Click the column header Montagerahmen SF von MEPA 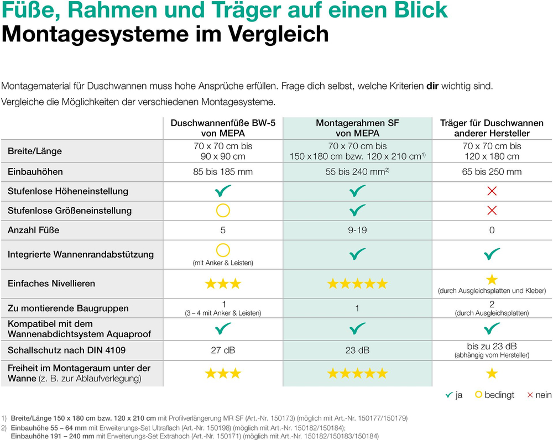[357, 128]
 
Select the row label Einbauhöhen [35, 172]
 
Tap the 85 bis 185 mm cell [223, 172]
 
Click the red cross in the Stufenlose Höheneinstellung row [492, 191]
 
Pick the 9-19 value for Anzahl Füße [357, 230]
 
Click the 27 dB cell [223, 350]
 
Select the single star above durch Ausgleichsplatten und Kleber [492, 280]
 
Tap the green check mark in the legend [449, 395]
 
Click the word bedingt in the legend [499, 395]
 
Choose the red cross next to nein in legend [530, 395]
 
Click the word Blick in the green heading [421, 10]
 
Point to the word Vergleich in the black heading [279, 34]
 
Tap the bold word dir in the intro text [432, 86]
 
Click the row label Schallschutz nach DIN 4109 [67, 350]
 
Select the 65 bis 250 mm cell [492, 172]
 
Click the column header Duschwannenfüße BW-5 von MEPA [223, 128]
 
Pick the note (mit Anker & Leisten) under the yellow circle [223, 263]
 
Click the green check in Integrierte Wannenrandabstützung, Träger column [492, 254]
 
